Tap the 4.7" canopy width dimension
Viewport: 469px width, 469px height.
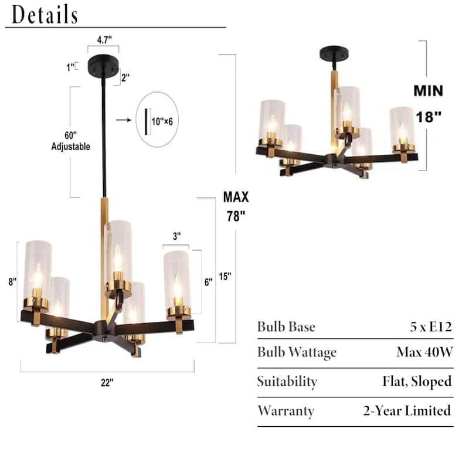click(104, 40)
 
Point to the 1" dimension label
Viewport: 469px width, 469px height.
click(70, 67)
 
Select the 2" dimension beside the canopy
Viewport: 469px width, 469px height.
click(125, 78)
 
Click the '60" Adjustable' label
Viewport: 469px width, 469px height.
click(70, 141)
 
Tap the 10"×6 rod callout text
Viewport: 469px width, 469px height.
click(162, 121)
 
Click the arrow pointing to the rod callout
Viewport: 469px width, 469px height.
click(124, 120)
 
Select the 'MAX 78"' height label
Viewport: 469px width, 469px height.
click(236, 206)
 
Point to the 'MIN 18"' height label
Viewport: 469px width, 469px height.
click(429, 104)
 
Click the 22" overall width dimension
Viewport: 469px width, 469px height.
click(107, 383)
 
